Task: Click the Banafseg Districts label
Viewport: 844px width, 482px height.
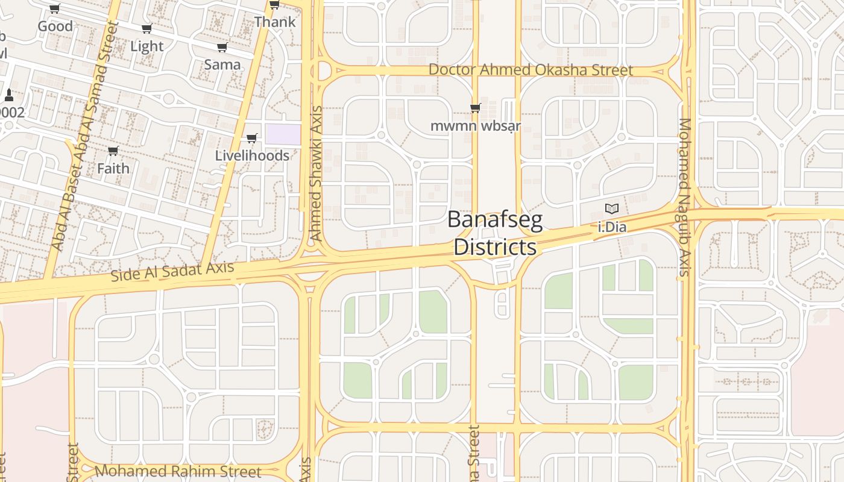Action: click(495, 234)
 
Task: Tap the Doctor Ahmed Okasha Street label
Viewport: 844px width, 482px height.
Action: click(531, 70)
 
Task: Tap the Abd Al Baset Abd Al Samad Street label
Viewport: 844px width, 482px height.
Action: click(84, 136)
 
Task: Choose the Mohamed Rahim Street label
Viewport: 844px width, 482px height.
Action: click(178, 471)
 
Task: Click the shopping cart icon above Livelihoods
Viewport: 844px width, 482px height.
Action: click(252, 139)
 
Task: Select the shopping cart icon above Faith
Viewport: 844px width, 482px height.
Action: click(113, 151)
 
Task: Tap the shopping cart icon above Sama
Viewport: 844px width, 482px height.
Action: click(222, 48)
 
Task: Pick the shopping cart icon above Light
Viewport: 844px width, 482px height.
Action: click(146, 29)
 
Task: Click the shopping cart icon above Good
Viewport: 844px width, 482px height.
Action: click(55, 9)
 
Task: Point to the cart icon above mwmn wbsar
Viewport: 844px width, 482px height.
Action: click(475, 108)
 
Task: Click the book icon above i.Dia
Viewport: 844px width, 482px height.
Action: click(612, 209)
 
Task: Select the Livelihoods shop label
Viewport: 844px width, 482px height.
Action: click(252, 155)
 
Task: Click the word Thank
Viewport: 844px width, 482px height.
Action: click(275, 22)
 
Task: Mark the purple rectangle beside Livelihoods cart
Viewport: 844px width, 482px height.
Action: click(283, 134)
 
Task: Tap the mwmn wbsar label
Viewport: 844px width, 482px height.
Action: click(476, 127)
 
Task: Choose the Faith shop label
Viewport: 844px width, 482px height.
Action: click(113, 168)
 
